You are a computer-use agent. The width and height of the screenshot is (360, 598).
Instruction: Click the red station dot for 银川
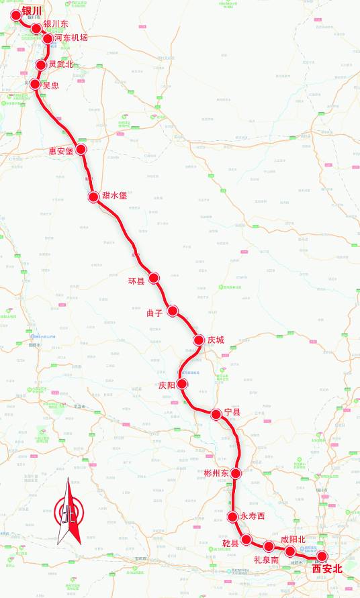16,15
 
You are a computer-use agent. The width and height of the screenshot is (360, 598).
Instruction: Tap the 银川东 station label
55,24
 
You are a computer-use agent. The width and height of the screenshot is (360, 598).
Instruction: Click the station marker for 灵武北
41,65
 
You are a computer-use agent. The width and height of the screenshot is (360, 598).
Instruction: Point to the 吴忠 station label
50,85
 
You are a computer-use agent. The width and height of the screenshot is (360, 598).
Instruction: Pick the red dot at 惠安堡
81,149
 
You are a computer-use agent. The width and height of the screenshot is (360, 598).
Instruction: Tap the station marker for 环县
154,278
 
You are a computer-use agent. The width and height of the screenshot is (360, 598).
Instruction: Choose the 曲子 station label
155,312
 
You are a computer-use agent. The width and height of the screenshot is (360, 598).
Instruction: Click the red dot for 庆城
199,340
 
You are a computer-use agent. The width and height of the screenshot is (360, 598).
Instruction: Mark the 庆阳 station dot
182,385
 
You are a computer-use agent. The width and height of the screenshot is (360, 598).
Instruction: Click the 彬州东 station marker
236,473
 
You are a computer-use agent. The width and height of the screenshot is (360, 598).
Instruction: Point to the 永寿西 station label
253,516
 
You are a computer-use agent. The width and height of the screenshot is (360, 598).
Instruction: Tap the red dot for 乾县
246,540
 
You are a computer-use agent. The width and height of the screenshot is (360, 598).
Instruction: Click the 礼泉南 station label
266,559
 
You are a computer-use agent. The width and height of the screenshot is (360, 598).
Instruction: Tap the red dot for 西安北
322,556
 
